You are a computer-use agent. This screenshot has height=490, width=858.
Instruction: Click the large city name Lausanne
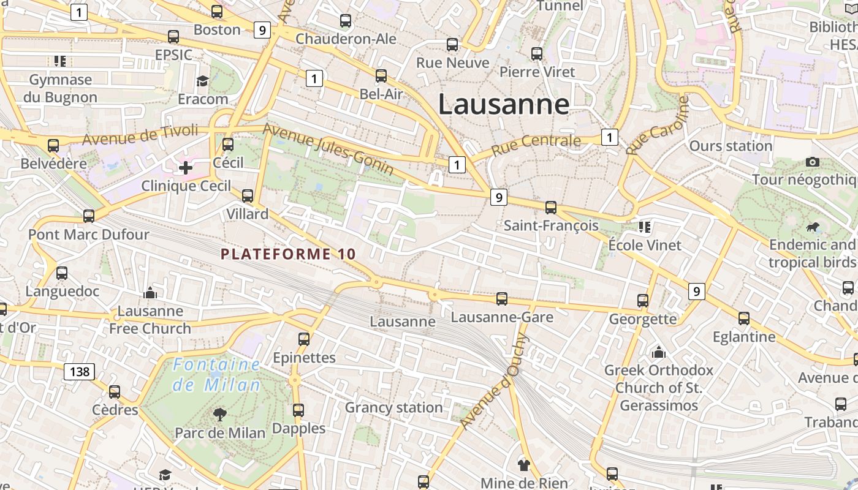click(x=504, y=104)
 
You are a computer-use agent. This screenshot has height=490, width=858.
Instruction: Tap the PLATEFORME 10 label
click(x=288, y=254)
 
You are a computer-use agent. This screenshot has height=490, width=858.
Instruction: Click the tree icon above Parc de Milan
click(x=219, y=415)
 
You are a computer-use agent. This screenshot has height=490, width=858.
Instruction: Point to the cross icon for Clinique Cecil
click(x=185, y=167)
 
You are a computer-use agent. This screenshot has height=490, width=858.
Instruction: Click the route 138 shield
click(x=79, y=371)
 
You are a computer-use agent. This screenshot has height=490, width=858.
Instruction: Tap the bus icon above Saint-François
click(x=551, y=208)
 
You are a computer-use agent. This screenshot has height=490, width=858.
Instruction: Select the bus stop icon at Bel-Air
click(x=381, y=76)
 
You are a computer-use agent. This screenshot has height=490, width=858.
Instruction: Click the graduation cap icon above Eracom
click(x=202, y=81)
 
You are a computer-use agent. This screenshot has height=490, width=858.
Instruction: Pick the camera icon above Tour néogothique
click(x=813, y=162)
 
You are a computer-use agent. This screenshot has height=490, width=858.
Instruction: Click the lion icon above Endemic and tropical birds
click(x=813, y=228)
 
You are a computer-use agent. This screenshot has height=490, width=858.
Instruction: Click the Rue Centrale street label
click(x=536, y=144)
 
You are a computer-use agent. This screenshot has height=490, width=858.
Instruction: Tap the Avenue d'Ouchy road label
click(x=493, y=382)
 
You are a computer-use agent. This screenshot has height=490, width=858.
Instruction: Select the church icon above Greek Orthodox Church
click(x=659, y=352)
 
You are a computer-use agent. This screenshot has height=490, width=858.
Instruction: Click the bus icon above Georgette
click(x=642, y=301)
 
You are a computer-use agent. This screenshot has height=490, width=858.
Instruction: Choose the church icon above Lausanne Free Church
click(x=150, y=293)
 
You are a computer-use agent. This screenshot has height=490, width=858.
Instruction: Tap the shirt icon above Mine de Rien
click(x=523, y=464)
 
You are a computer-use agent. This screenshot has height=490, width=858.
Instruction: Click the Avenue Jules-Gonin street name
click(x=328, y=149)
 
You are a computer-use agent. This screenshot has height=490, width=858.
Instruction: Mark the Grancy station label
click(x=393, y=407)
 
